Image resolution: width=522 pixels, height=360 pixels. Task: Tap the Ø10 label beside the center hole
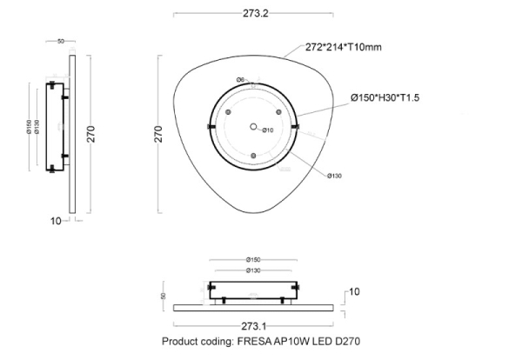coord(268,130)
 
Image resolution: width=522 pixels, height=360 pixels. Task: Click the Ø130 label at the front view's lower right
coord(335,176)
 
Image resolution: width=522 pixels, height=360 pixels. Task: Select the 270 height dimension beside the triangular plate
coord(159,133)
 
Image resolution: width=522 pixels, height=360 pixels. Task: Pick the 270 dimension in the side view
coord(90,133)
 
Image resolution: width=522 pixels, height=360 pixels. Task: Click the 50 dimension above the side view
coord(61,41)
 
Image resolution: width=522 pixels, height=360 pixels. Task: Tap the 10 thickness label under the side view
coord(56,221)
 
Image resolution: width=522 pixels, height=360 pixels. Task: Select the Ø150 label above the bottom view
coord(253,259)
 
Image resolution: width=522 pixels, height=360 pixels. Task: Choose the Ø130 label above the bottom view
coord(253,270)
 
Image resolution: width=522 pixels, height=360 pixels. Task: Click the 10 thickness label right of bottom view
coord(354,291)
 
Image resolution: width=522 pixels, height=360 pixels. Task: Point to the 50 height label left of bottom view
coord(163,296)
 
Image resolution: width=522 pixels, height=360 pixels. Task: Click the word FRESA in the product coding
coord(253,342)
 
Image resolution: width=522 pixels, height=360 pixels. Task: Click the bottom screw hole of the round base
coord(253,157)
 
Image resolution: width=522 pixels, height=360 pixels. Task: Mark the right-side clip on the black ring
coord(298,128)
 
